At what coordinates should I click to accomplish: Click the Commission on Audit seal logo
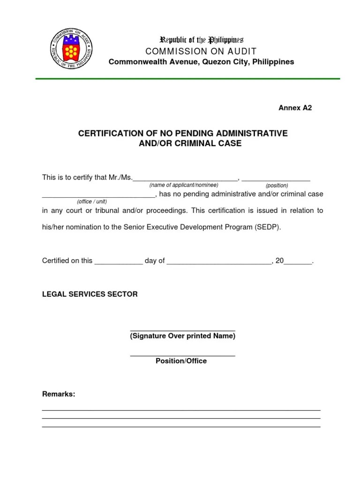pyautogui.click(x=71, y=49)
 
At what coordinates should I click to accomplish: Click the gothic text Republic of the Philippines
pyautogui.click(x=202, y=40)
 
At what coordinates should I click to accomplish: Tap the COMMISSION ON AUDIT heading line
pyautogui.click(x=201, y=51)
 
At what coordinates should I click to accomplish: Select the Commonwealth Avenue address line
pyautogui.click(x=202, y=62)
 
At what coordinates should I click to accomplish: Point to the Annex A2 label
pyautogui.click(x=295, y=108)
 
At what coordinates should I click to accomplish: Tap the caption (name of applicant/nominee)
pyautogui.click(x=184, y=185)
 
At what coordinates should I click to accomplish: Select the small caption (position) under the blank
pyautogui.click(x=277, y=186)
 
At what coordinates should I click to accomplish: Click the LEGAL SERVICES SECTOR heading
pyautogui.click(x=90, y=294)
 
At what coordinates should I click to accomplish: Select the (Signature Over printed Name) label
pyautogui.click(x=182, y=336)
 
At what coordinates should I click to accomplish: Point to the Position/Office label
pyautogui.click(x=181, y=361)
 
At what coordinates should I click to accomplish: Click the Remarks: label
pyautogui.click(x=59, y=394)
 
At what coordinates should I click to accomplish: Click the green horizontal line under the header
pyautogui.click(x=188, y=79)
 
